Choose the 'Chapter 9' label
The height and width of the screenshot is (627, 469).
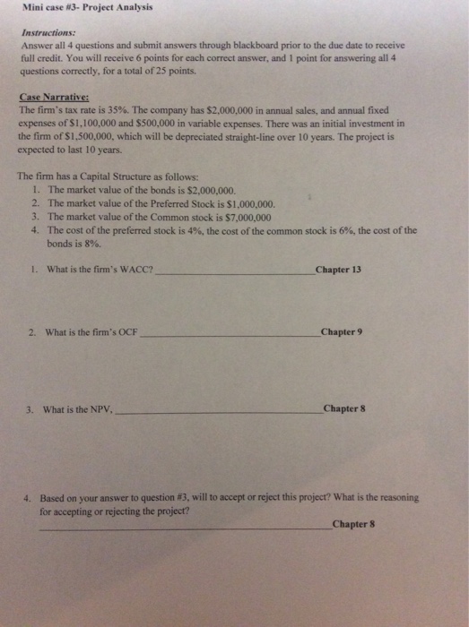coord(342,332)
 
